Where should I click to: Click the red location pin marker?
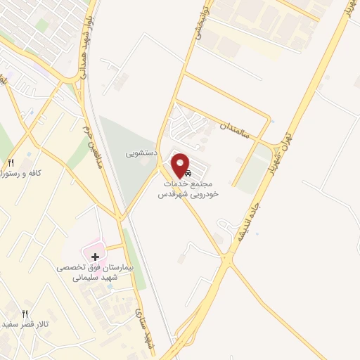181,165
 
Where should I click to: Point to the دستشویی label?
141,151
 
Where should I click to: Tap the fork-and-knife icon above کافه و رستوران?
11,162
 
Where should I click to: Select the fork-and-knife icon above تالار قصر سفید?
25,314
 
